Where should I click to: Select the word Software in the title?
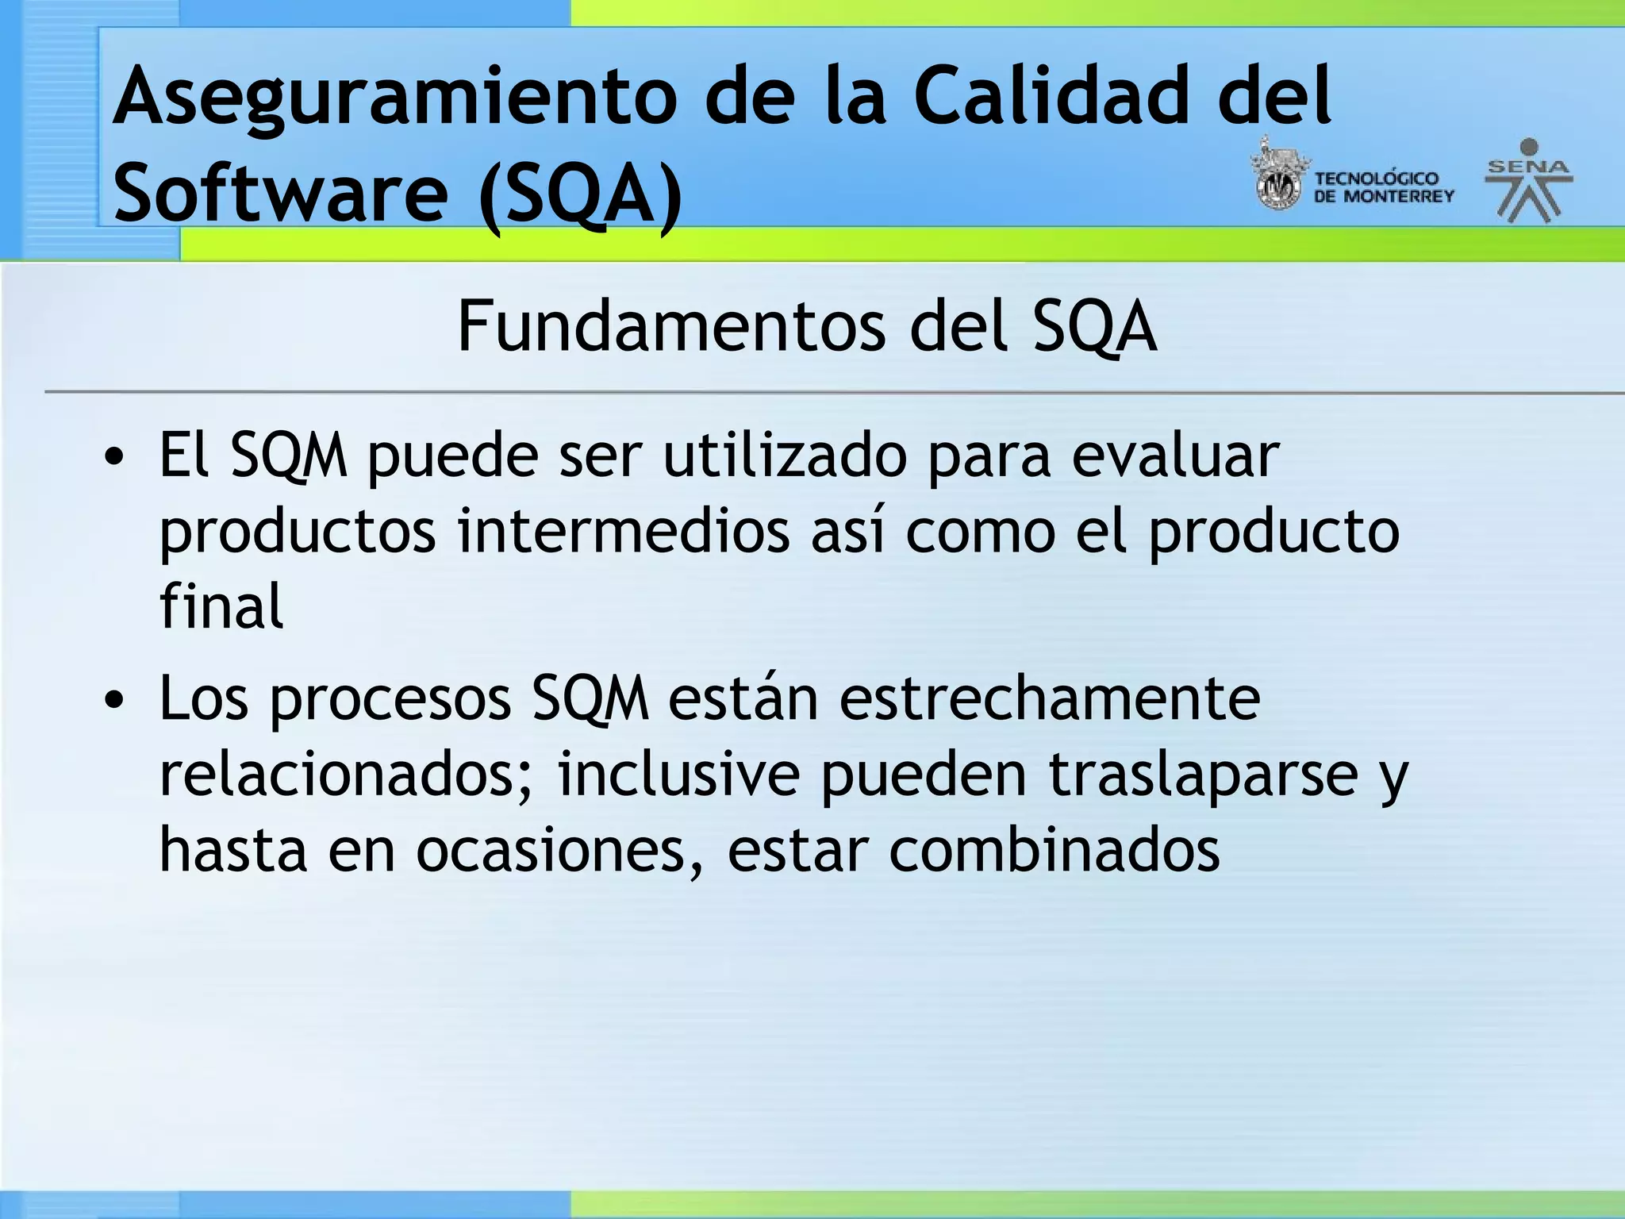point(281,193)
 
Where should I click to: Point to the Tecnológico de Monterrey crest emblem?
point(1277,176)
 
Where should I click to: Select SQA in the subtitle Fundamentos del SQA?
point(1095,327)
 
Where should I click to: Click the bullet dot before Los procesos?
point(115,699)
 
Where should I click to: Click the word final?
point(221,606)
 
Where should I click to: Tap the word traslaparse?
point(1203,774)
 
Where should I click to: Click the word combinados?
point(1054,850)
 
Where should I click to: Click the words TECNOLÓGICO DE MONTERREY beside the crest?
point(1384,187)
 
